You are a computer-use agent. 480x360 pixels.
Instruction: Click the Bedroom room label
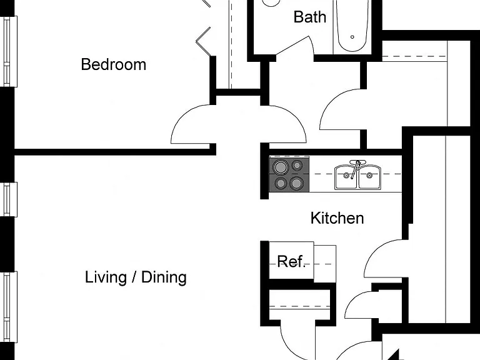pos(114,64)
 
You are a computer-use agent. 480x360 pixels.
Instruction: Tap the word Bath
pos(310,17)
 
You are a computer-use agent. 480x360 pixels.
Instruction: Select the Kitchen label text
pos(337,218)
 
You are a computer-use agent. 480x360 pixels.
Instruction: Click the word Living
pos(106,277)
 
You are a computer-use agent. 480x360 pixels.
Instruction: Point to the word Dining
pos(164,277)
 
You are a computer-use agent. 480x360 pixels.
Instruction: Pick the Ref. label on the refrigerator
pos(291,262)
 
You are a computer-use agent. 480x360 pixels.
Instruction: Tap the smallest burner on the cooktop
pos(297,166)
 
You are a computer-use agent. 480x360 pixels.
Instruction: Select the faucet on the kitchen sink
pos(356,169)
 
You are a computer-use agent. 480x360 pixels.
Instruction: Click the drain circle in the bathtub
pos(352,37)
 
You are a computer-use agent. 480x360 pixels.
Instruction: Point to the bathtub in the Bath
pos(352,26)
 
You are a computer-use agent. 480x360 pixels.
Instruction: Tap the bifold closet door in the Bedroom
pos(203,41)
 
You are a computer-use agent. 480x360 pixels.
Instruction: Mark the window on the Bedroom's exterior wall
pos(10,51)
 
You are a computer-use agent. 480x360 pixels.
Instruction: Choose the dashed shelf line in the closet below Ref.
pos(299,306)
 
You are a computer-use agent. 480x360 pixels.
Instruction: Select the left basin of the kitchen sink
pos(346,177)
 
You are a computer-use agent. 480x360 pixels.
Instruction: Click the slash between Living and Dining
pos(134,277)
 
